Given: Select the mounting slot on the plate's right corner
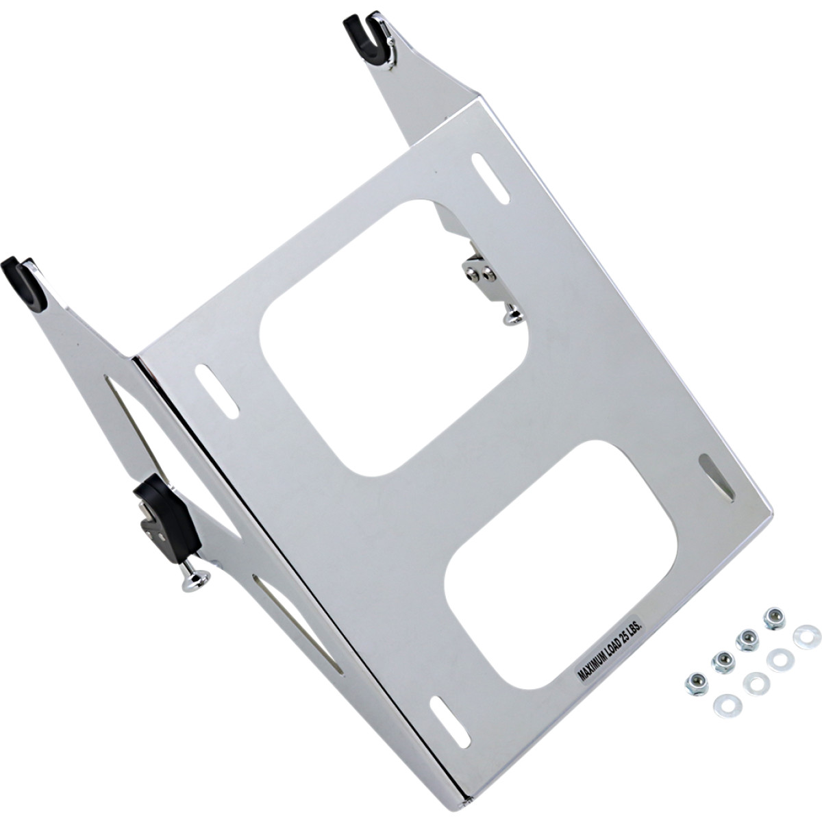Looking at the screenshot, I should coord(715,477).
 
